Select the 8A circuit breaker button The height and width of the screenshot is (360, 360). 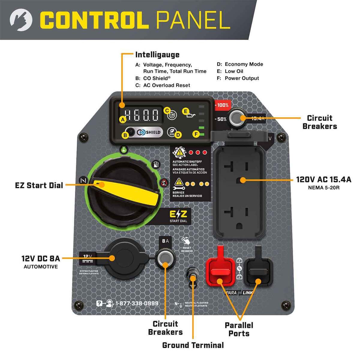(165, 258)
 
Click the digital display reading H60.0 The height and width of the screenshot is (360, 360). (142, 115)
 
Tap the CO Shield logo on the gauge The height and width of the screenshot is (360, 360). (149, 132)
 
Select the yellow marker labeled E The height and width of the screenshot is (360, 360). (185, 112)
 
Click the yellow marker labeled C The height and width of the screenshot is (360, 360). (167, 110)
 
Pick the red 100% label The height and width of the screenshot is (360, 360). (223, 105)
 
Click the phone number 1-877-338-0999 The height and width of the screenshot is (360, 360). (137, 303)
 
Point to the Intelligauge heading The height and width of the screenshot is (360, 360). (157, 55)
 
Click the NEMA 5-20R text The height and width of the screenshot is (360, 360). (323, 188)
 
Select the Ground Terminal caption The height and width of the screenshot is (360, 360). (193, 345)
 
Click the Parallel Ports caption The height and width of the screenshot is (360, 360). (239, 329)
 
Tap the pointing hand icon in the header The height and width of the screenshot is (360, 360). (21, 20)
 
